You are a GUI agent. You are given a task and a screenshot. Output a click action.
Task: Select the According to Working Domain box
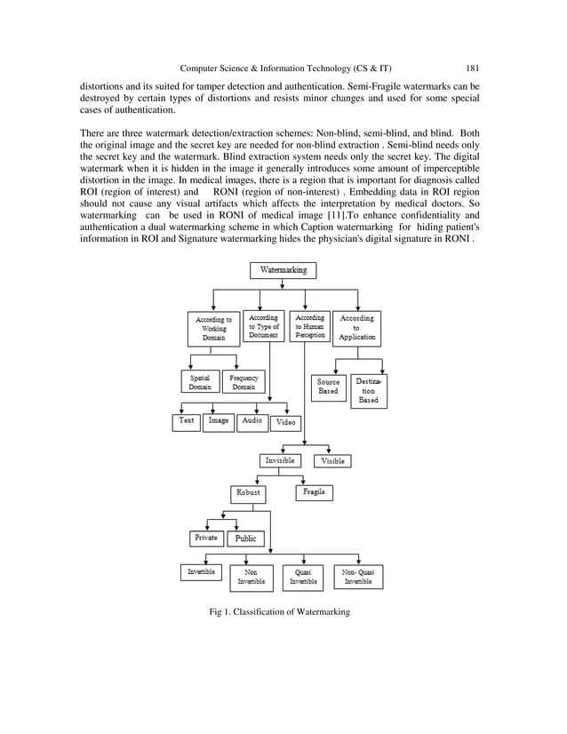pos(214,328)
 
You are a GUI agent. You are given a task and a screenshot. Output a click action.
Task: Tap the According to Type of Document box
pos(263,326)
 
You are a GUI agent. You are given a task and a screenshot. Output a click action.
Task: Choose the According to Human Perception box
pos(309,326)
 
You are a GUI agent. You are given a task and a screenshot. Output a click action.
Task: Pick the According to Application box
pos(357,327)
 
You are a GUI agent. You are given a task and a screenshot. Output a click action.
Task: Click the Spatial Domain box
pos(200,382)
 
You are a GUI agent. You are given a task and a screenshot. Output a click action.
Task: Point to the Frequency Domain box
pos(244,382)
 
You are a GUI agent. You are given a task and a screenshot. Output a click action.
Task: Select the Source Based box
pos(328,387)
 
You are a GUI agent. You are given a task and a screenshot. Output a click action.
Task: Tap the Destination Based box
pos(368,389)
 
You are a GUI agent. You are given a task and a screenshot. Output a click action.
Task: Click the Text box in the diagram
pos(187,421)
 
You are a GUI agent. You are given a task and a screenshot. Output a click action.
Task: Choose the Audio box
pos(252,421)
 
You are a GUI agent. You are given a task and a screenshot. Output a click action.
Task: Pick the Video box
pos(285,423)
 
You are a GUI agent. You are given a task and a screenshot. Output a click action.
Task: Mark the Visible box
pos(334,461)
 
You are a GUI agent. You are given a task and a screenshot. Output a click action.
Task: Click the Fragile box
pos(314,492)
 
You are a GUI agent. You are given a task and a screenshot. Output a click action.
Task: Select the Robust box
pos(248,492)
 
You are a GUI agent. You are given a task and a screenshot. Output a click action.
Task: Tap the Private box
pos(206,538)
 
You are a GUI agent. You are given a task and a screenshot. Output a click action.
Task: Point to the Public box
pos(246,539)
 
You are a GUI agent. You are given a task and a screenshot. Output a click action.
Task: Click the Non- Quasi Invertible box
pos(358,577)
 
